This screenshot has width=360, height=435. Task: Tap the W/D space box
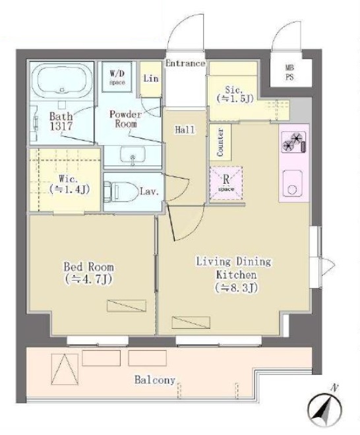(x=117, y=77)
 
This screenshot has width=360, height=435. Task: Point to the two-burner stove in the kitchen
(x=293, y=142)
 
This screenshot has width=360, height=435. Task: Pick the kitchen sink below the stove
(x=292, y=183)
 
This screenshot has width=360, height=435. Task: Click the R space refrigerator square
(x=226, y=183)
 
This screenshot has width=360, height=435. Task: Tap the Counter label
(x=220, y=142)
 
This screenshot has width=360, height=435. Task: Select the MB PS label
(x=289, y=72)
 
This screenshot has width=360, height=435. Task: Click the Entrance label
(x=185, y=63)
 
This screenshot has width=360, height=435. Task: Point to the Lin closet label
(x=151, y=78)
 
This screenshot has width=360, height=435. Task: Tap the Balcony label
(x=155, y=380)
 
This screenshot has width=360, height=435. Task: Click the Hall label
(x=185, y=130)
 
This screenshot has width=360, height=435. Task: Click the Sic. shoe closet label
(x=235, y=94)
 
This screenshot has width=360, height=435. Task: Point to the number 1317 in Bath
(x=61, y=127)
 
